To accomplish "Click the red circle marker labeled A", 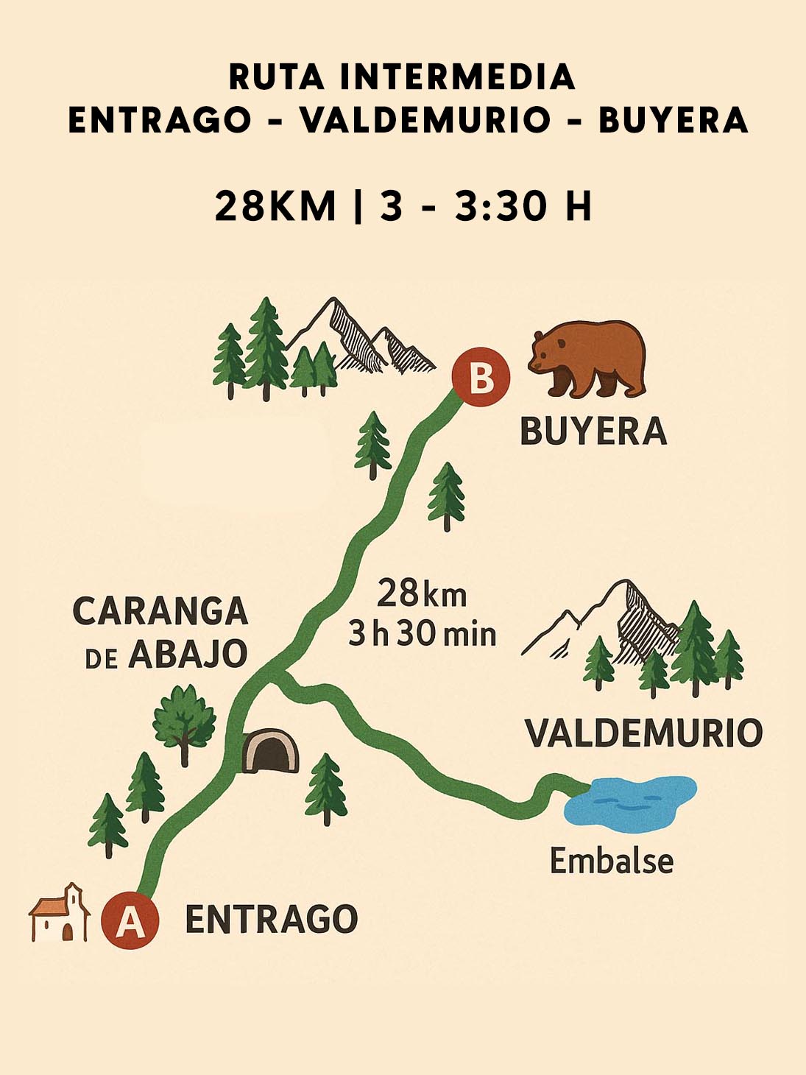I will [x=130, y=920].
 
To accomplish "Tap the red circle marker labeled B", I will [x=481, y=378].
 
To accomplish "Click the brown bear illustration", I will [x=588, y=358].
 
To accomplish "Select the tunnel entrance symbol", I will [x=270, y=751].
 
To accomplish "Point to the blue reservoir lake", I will [x=630, y=801].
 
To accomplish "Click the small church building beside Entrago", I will [x=60, y=914].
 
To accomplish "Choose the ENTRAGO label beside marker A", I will [x=271, y=920].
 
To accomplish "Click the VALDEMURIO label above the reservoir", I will [x=643, y=733].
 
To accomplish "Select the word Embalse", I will [x=612, y=861].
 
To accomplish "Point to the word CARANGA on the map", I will [x=160, y=611].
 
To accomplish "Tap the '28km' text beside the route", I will [x=422, y=593].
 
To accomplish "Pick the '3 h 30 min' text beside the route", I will [x=423, y=634].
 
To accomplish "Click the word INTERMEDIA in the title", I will [x=457, y=77].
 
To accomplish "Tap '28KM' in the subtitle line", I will [x=275, y=206].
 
